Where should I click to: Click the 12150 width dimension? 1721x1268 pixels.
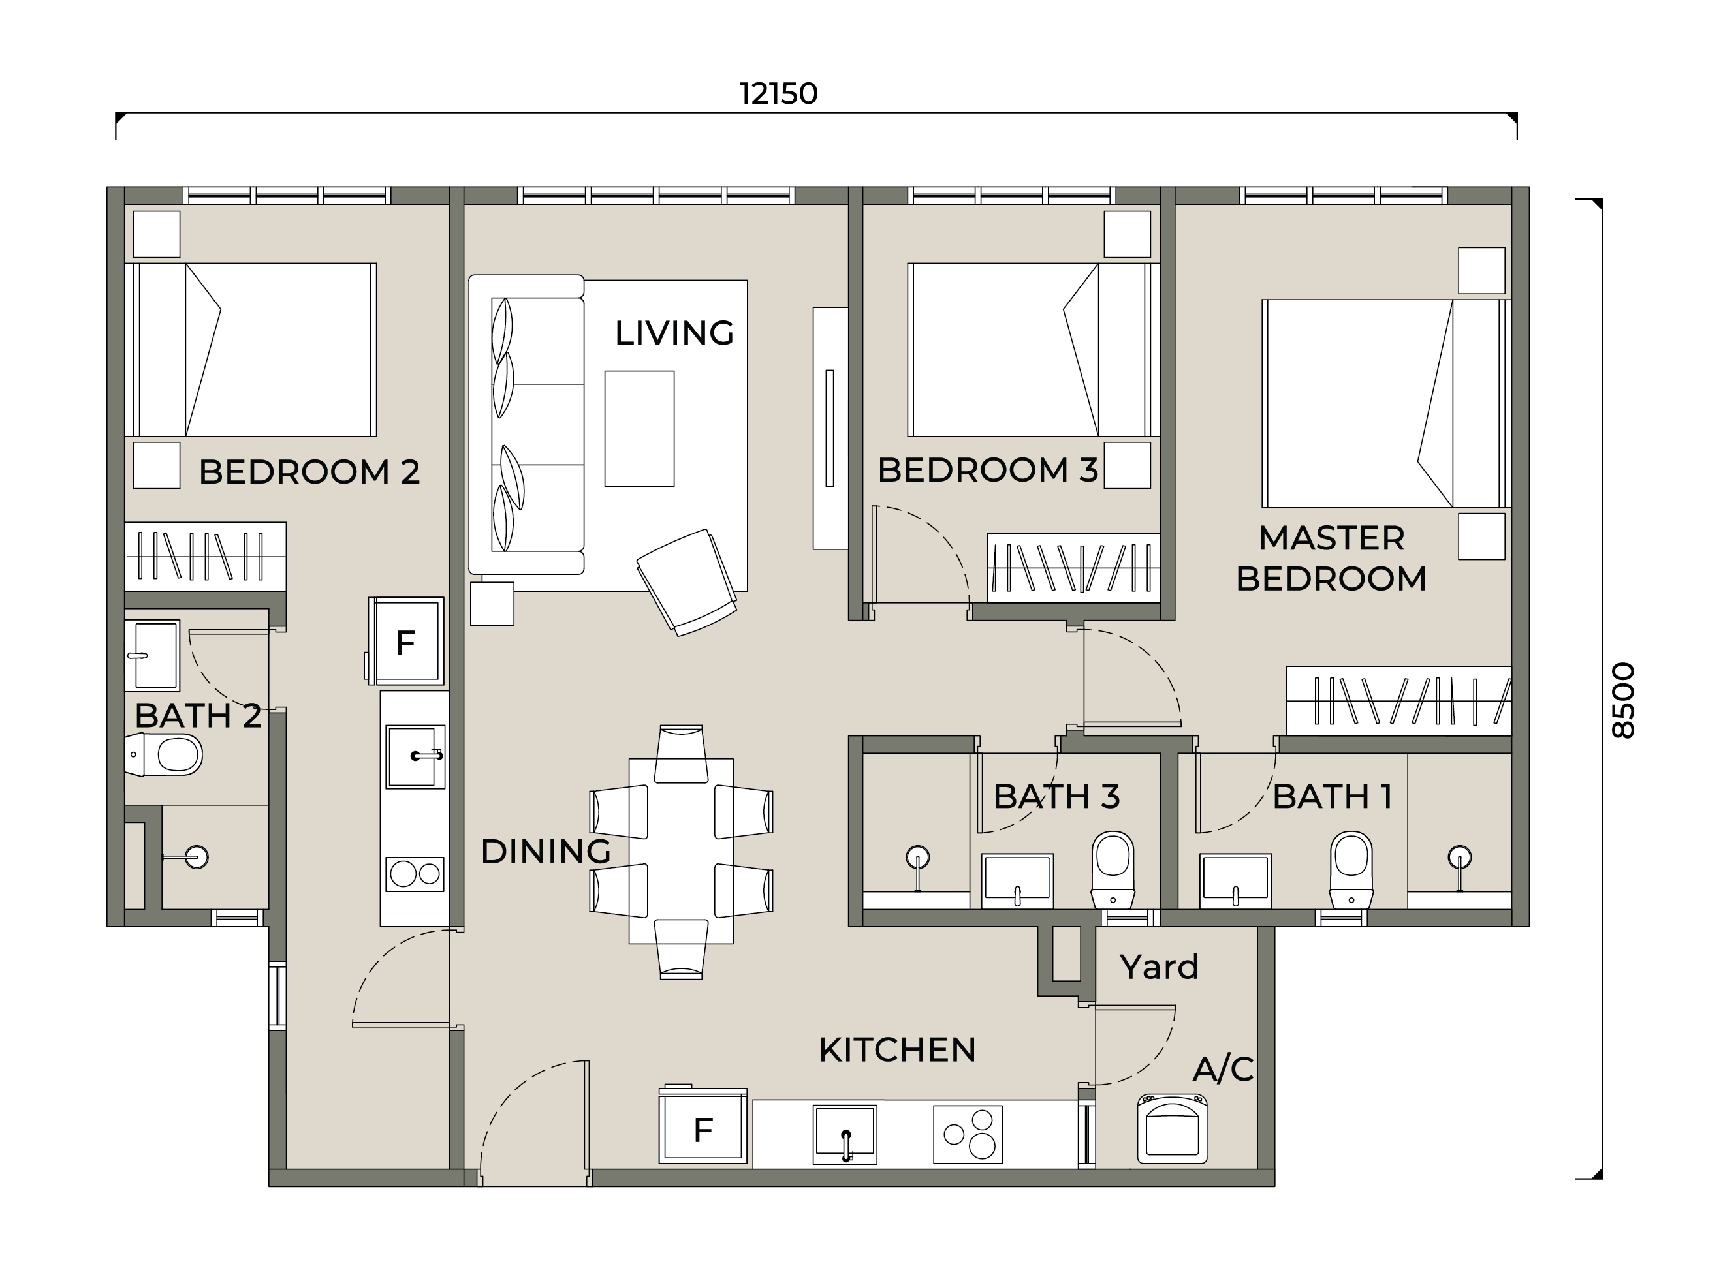click(x=779, y=95)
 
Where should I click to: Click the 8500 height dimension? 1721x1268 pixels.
click(x=1622, y=701)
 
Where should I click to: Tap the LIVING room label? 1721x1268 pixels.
click(x=674, y=333)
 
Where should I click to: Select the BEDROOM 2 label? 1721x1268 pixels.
click(x=309, y=472)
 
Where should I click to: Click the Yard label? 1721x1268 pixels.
click(x=1159, y=967)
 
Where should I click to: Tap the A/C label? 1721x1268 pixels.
click(x=1224, y=1068)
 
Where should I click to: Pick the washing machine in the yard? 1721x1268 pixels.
click(x=1172, y=1128)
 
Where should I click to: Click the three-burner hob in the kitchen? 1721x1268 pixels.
click(x=968, y=1134)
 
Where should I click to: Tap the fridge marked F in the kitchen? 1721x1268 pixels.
click(x=703, y=1128)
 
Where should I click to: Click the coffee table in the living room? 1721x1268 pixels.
click(x=639, y=428)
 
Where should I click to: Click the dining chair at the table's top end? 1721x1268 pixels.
click(x=681, y=754)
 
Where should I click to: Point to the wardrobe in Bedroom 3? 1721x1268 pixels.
click(x=1073, y=568)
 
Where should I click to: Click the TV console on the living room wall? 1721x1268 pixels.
click(x=830, y=428)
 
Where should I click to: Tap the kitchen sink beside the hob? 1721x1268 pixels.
click(x=845, y=1134)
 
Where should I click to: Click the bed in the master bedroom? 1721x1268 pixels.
click(x=1386, y=403)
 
